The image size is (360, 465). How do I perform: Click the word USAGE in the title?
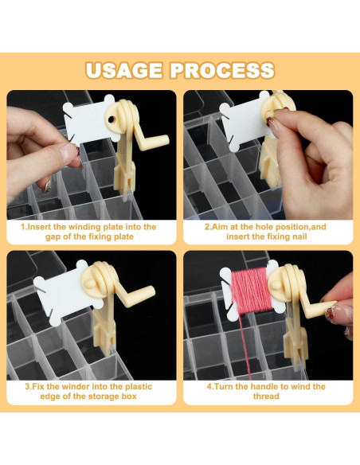[x=124, y=71]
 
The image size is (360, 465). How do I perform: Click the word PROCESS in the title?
[x=222, y=71]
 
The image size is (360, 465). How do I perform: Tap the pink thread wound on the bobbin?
[x=252, y=291]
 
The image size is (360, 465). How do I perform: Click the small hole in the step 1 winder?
[x=112, y=119]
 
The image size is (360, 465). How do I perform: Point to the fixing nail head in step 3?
[x=91, y=283]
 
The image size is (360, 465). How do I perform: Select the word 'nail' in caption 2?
[x=299, y=236]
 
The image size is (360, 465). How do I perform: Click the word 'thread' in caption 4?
[x=266, y=397]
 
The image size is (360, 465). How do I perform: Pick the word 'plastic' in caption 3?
[x=139, y=387]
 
